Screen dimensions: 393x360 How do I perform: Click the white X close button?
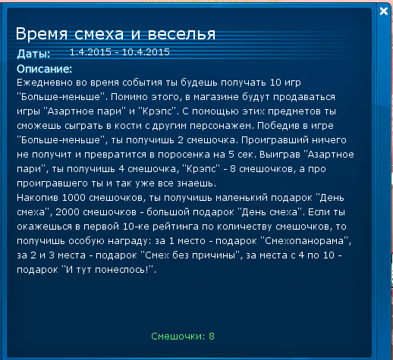[384, 11]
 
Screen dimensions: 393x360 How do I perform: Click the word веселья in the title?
[181, 34]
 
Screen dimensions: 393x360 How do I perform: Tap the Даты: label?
[33, 54]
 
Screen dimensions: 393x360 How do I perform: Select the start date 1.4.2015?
[90, 52]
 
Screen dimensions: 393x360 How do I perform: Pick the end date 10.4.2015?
[146, 52]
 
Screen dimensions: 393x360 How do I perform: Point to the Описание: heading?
[44, 69]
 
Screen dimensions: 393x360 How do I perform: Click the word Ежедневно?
[45, 83]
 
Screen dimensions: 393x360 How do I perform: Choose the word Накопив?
[37, 198]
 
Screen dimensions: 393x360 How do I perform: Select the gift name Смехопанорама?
[304, 241]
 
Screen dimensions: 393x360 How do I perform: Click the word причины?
[213, 255]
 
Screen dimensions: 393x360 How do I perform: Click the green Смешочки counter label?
[178, 337]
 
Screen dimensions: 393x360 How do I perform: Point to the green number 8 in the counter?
[212, 337]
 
